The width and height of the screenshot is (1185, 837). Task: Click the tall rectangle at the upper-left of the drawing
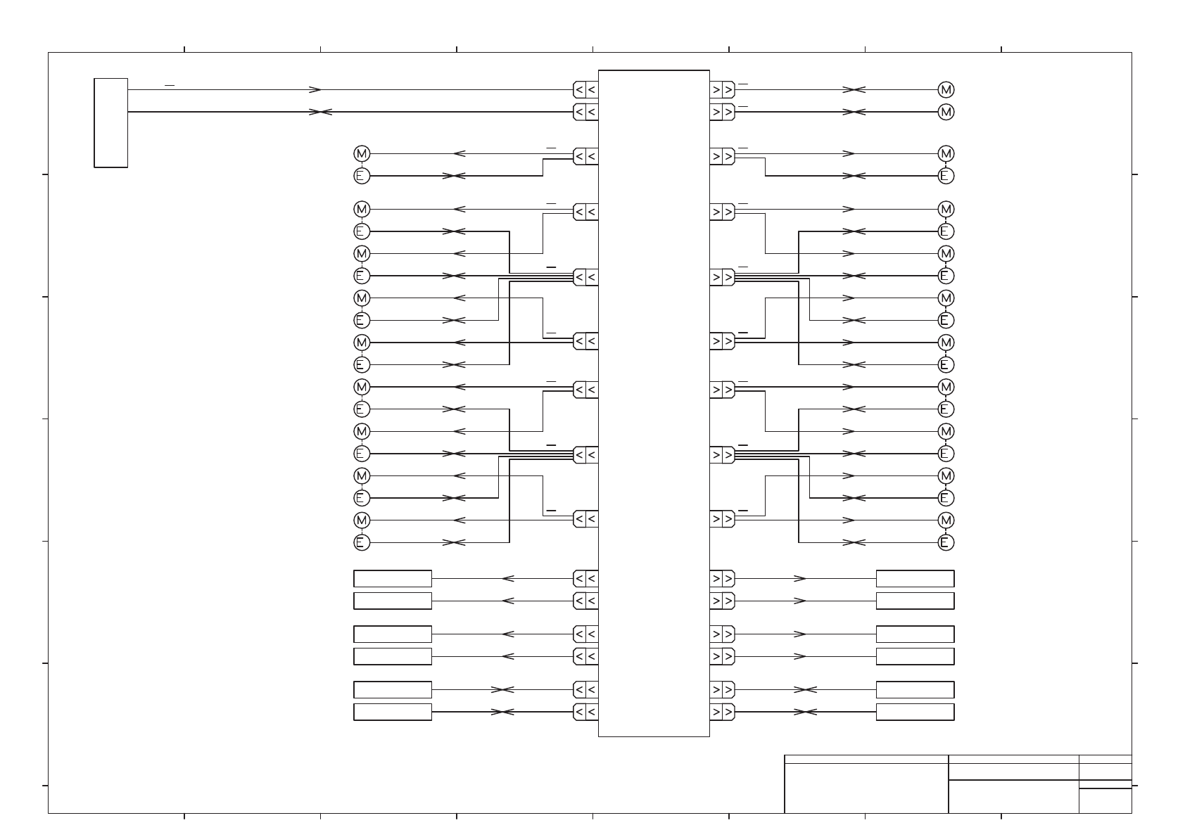(110, 123)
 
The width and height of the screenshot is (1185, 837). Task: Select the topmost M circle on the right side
(946, 90)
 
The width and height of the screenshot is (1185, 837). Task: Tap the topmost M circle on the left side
(361, 154)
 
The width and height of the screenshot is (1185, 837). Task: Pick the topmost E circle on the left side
(361, 176)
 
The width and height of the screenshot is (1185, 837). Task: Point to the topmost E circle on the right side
(946, 176)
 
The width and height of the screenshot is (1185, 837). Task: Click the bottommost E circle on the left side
(361, 542)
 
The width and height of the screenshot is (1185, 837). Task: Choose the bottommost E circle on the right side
(946, 542)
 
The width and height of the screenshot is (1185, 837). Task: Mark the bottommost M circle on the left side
(361, 520)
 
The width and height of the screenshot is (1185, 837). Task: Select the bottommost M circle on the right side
(946, 520)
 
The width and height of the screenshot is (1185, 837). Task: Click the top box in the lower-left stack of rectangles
(392, 579)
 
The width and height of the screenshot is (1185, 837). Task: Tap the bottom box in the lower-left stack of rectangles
(392, 712)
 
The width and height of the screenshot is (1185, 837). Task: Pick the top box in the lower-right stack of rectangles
(915, 579)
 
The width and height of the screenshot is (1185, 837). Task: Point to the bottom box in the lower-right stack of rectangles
(915, 712)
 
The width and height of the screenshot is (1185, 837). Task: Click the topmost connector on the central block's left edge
(585, 90)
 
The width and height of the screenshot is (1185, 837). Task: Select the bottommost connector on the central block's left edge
(585, 712)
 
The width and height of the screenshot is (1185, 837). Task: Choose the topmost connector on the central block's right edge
(722, 90)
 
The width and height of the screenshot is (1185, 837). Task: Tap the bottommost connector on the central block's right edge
(722, 712)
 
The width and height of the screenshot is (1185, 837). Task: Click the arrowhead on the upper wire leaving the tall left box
(316, 90)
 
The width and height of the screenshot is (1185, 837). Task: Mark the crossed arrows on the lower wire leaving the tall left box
(320, 112)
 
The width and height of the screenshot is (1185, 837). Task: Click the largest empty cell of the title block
(866, 788)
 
